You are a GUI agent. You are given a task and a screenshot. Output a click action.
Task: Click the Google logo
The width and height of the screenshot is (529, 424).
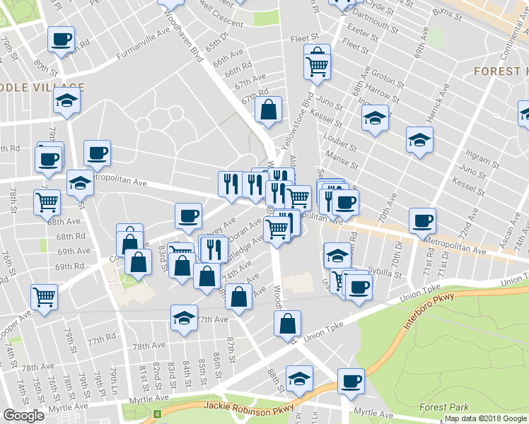pos(23,416)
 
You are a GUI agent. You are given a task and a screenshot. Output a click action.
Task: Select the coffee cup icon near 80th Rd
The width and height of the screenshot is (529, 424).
pos(62,38)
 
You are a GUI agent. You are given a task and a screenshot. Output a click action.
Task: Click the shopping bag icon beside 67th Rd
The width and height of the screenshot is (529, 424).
pos(269,110)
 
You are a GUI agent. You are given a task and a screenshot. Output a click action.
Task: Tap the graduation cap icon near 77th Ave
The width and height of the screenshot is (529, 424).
pos(184,317)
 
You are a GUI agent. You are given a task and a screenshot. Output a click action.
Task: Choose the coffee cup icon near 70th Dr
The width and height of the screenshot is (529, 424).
pos(422,219)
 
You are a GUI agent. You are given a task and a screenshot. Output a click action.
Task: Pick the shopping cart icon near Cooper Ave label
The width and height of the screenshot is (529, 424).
pos(45,295)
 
